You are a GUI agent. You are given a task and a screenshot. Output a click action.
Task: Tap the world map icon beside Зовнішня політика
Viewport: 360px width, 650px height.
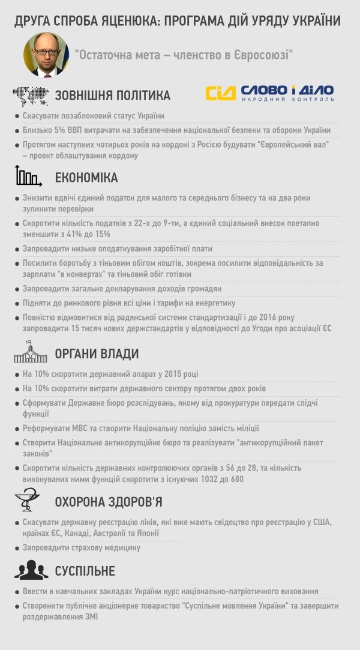click(x=31, y=95)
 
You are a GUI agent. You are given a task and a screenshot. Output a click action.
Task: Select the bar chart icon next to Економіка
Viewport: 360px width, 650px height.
click(x=28, y=176)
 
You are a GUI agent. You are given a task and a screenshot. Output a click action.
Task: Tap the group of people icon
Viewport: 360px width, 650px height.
click(x=31, y=570)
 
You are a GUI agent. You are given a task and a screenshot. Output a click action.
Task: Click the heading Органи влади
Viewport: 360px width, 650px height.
click(x=97, y=354)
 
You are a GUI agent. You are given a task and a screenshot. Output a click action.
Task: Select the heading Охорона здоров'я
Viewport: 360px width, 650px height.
click(x=108, y=501)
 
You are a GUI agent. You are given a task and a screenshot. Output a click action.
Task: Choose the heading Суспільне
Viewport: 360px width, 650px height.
click(x=85, y=570)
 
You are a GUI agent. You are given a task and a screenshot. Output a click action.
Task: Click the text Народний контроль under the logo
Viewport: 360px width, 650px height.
click(x=287, y=99)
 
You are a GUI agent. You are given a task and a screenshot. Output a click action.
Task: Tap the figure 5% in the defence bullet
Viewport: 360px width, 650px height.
click(x=61, y=130)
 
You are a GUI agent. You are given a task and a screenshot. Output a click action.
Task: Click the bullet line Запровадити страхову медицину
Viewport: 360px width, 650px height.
click(x=81, y=547)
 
